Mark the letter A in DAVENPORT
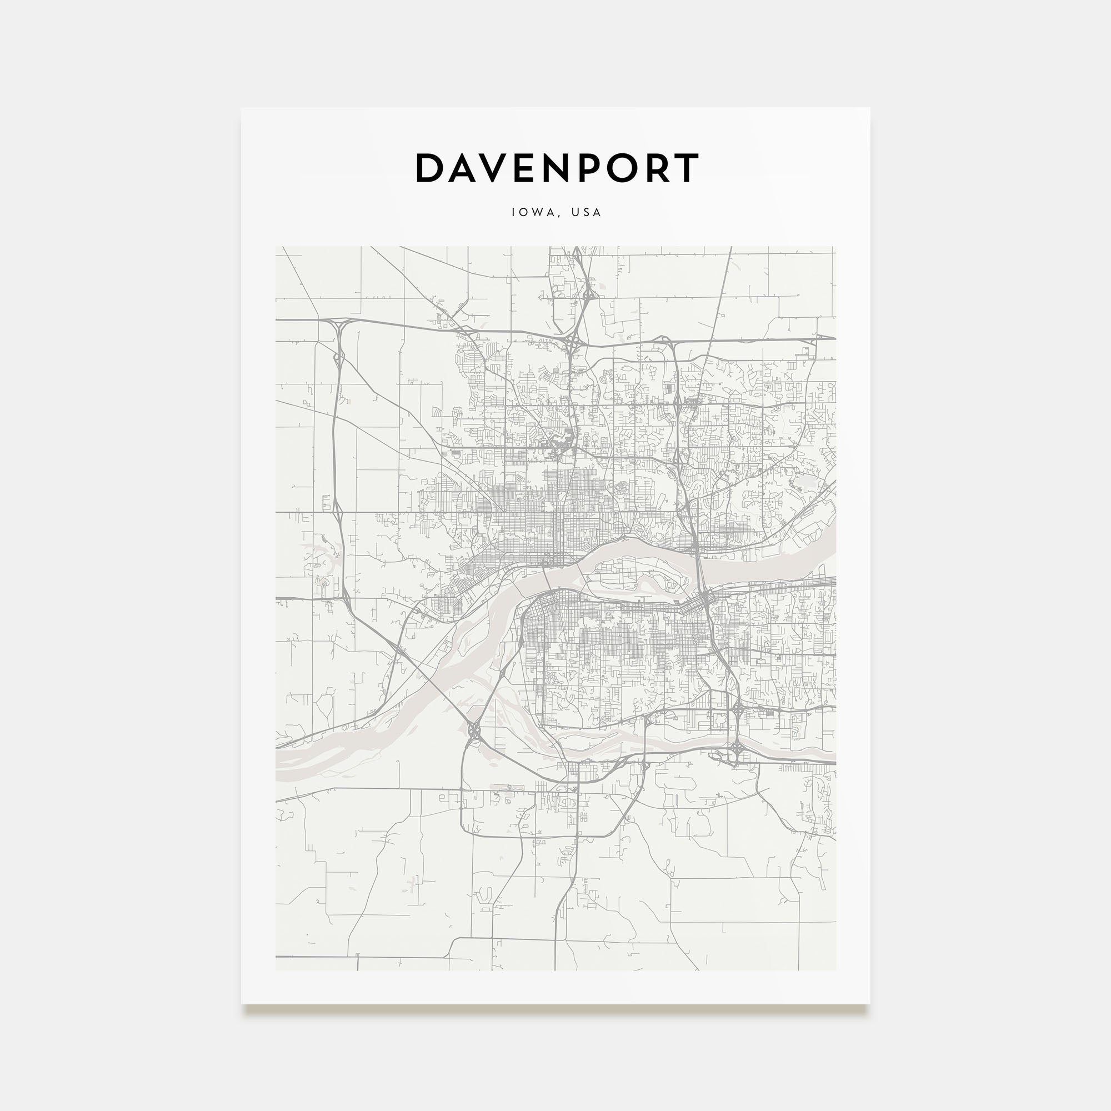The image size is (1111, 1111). [462, 168]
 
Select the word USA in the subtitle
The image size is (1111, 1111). [586, 212]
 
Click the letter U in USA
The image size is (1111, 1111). [574, 212]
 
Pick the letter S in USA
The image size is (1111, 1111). [586, 212]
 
